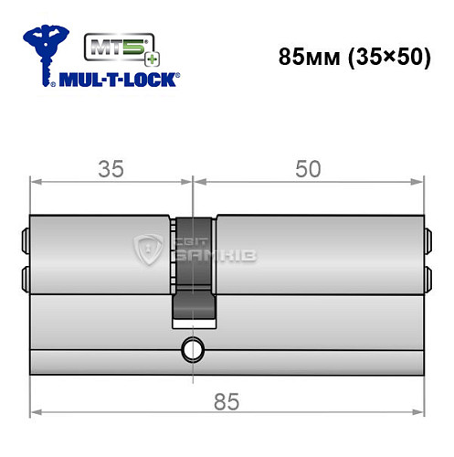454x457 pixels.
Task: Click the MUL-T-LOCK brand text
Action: pyautogui.click(x=117, y=80)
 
